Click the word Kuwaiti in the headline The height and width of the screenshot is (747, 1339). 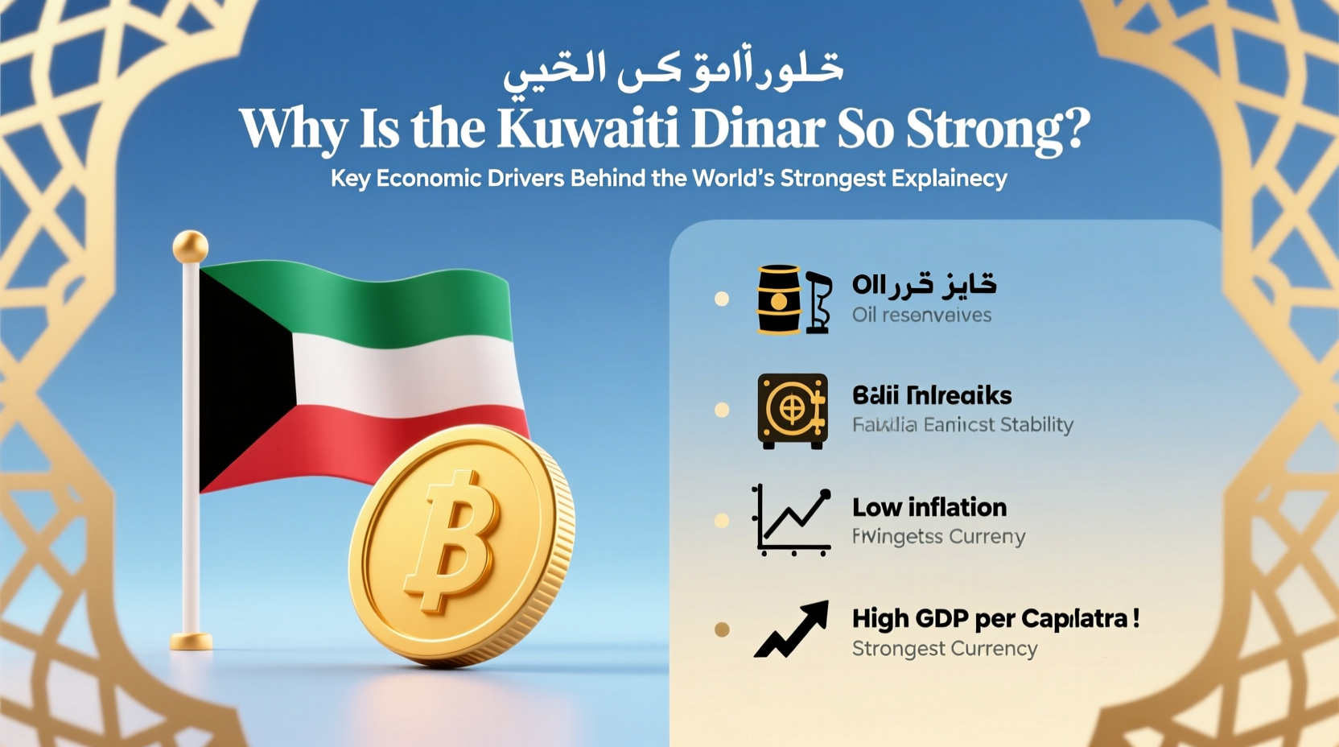[587, 129]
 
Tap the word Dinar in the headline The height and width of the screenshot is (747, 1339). [758, 129]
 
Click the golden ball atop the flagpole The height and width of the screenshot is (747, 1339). [191, 246]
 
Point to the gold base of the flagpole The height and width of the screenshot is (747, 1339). [192, 642]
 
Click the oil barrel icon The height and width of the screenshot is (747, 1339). [779, 299]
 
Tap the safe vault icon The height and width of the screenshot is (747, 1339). [793, 411]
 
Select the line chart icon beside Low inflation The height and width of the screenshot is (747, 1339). [791, 521]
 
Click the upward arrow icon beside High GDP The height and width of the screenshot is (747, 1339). [792, 629]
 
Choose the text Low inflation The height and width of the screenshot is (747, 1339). [929, 507]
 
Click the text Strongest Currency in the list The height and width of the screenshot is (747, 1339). [945, 649]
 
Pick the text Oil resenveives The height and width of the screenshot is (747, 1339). [921, 316]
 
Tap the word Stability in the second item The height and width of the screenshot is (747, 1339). [1037, 425]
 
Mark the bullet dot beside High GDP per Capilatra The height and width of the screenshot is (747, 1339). [722, 629]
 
